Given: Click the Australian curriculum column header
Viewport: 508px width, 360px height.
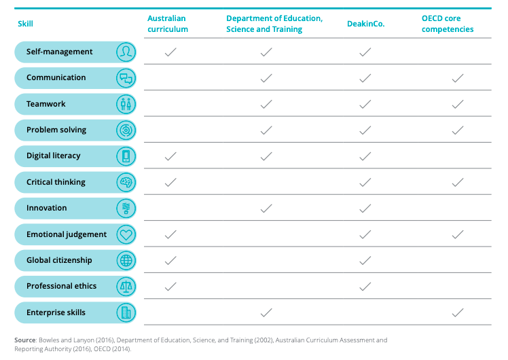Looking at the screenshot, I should [x=168, y=24].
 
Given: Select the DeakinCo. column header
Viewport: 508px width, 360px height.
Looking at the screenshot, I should [x=365, y=24].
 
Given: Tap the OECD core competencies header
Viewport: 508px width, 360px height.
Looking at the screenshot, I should [x=448, y=24].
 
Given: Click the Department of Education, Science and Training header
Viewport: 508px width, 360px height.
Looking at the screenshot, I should [x=274, y=24].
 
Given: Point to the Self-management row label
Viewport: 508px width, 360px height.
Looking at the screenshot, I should [x=60, y=52].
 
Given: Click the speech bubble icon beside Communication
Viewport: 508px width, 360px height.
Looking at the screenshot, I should [x=126, y=78].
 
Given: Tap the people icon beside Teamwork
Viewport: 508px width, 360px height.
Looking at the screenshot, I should [x=126, y=104].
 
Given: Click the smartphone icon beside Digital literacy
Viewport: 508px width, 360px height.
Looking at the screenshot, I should [x=126, y=156].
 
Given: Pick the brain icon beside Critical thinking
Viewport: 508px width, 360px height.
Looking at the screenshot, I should [x=126, y=182].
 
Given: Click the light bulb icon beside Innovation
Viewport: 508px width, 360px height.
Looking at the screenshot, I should [x=126, y=208].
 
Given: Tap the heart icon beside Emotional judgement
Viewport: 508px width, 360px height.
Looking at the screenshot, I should [x=126, y=234].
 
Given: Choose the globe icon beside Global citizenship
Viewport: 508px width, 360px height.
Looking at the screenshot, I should [x=126, y=260].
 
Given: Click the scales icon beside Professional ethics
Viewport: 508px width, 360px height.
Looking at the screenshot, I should [x=126, y=286].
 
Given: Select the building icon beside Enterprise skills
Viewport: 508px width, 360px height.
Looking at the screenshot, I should [x=126, y=312].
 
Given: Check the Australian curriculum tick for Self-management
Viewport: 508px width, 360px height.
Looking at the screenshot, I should [x=170, y=52].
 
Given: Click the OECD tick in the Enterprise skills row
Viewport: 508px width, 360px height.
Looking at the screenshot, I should [x=458, y=312].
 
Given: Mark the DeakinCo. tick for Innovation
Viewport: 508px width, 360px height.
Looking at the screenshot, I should [x=365, y=208].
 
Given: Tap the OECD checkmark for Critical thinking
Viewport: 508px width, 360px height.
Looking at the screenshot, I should [x=458, y=182].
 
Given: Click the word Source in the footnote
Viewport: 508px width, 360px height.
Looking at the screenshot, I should [x=24, y=340].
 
